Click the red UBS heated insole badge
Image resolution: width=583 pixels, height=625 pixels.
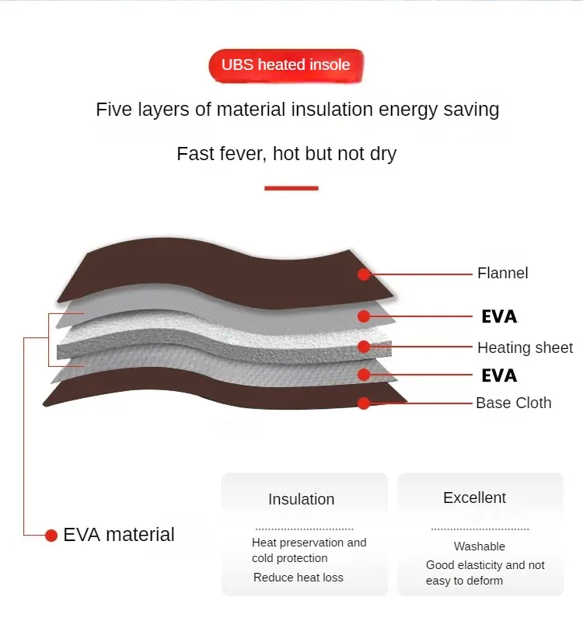coord(286,65)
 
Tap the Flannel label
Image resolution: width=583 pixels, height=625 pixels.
coord(502,273)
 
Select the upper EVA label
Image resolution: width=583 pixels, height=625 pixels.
coord(499,316)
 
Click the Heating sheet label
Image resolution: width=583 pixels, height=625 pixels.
coord(525,347)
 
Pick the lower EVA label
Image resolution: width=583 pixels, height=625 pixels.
coord(499,375)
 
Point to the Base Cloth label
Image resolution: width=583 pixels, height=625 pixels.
coord(513,403)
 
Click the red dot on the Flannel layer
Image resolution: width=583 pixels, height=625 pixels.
coord(364,274)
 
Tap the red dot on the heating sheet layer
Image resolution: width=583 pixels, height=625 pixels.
coord(364,347)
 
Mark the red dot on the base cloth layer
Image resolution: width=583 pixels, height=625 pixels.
coord(364,403)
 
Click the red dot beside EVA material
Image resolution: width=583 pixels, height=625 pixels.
coord(51,535)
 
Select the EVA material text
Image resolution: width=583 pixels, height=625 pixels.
coord(119,535)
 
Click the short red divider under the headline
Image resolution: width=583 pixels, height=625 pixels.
coord(291,188)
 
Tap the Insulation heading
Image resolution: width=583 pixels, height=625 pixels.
coord(302,499)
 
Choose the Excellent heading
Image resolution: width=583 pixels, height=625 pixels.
coord(474,498)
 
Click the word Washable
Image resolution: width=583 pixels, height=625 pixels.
coord(480,546)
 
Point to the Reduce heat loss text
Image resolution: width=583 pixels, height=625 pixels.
coord(298,578)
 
